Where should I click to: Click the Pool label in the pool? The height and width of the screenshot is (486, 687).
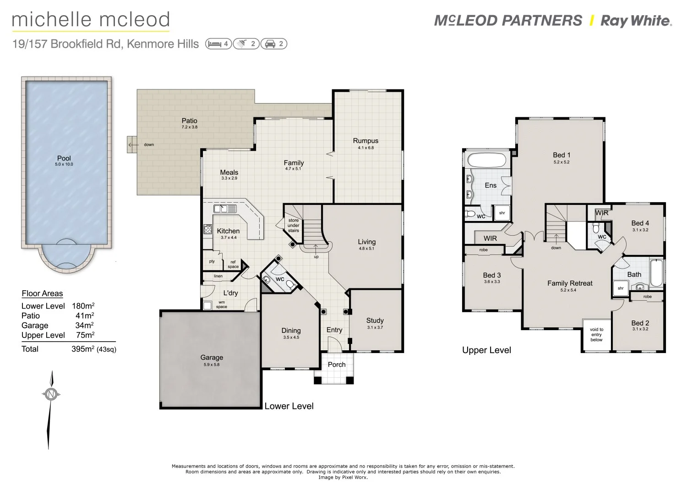pyautogui.click(x=64, y=158)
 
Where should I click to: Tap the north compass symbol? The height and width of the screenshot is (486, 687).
pyautogui.click(x=51, y=394)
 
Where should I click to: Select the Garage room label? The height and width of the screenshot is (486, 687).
pyautogui.click(x=212, y=357)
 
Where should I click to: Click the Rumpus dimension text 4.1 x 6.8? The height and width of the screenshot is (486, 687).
pyautogui.click(x=365, y=148)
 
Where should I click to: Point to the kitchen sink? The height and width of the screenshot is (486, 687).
pyautogui.click(x=225, y=209)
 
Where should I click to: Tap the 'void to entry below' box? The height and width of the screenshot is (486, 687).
pyautogui.click(x=596, y=335)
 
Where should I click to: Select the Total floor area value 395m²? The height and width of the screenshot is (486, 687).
pyautogui.click(x=83, y=349)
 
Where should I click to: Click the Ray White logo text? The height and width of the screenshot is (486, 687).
pyautogui.click(x=635, y=21)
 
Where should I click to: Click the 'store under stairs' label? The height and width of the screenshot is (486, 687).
pyautogui.click(x=294, y=225)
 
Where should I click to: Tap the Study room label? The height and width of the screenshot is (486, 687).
pyautogui.click(x=375, y=320)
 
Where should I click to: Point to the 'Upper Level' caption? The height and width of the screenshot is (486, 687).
pyautogui.click(x=486, y=350)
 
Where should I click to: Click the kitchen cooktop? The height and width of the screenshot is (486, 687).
pyautogui.click(x=207, y=229)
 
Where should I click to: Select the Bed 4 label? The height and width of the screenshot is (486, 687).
pyautogui.click(x=640, y=223)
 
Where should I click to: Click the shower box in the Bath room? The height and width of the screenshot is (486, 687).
pyautogui.click(x=621, y=288)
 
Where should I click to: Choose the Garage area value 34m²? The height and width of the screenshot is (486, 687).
pyautogui.click(x=85, y=326)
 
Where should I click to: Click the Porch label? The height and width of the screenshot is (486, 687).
pyautogui.click(x=337, y=364)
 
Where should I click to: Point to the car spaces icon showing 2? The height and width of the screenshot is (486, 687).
pyautogui.click(x=274, y=44)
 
